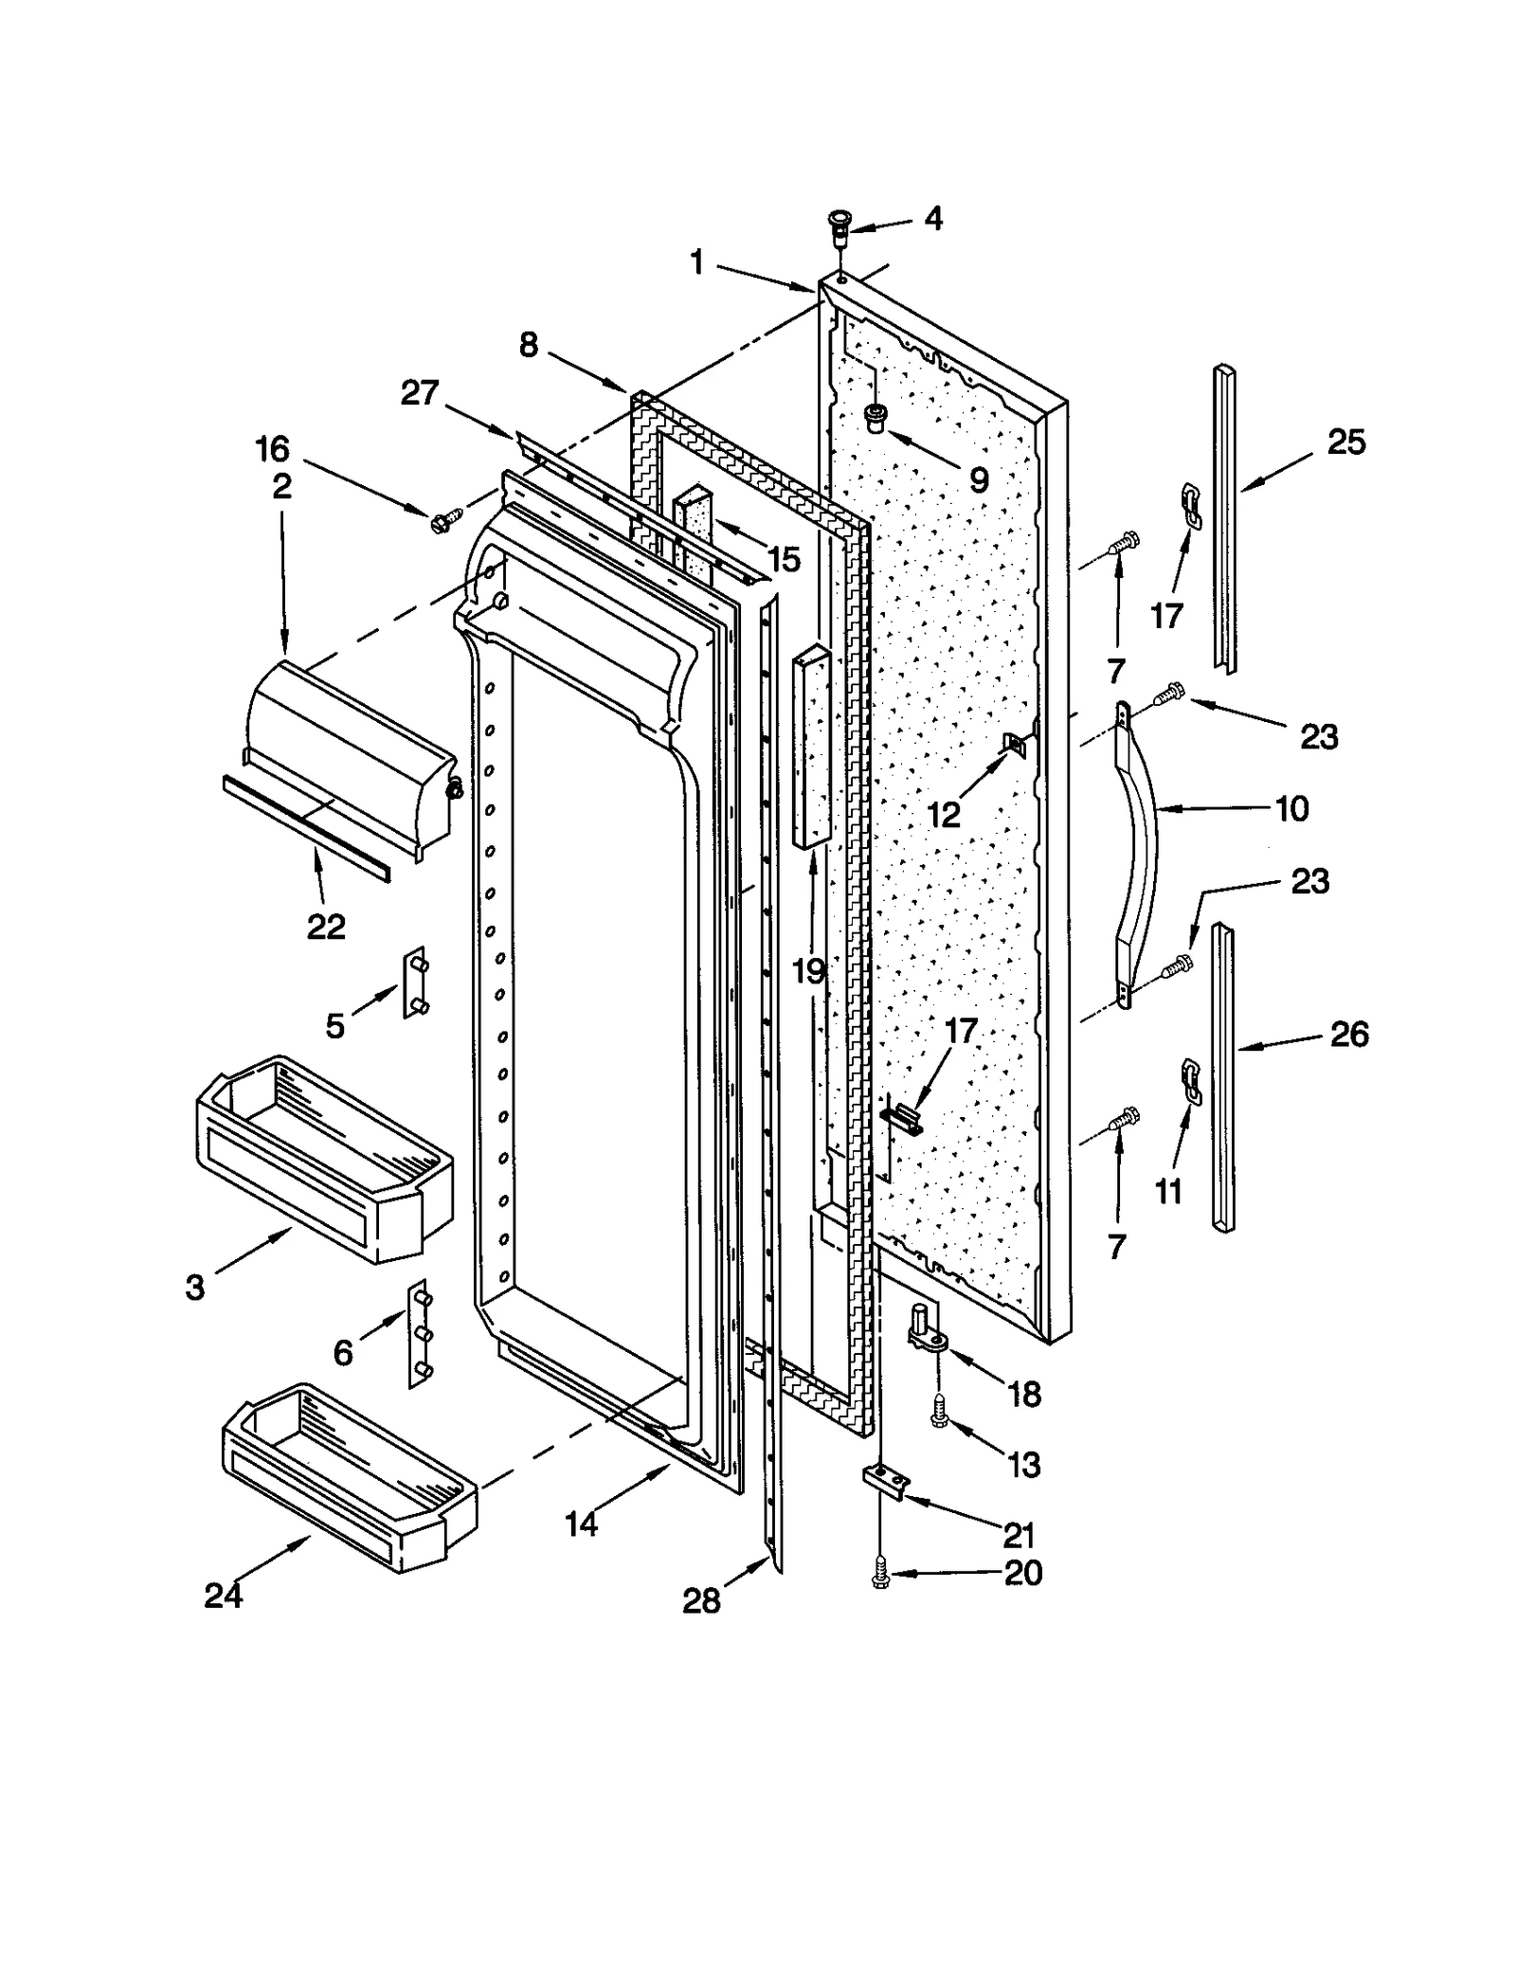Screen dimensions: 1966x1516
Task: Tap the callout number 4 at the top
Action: pos(932,220)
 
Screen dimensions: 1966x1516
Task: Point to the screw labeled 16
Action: pos(442,520)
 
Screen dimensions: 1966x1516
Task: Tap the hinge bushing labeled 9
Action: pos(875,417)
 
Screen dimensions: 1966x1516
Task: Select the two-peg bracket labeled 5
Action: pos(416,982)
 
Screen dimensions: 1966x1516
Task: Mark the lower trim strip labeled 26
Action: pos(1224,1080)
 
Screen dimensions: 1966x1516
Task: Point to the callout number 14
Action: pos(581,1524)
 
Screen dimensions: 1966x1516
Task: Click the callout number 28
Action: pos(701,1601)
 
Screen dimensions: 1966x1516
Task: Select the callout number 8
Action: pos(529,345)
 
